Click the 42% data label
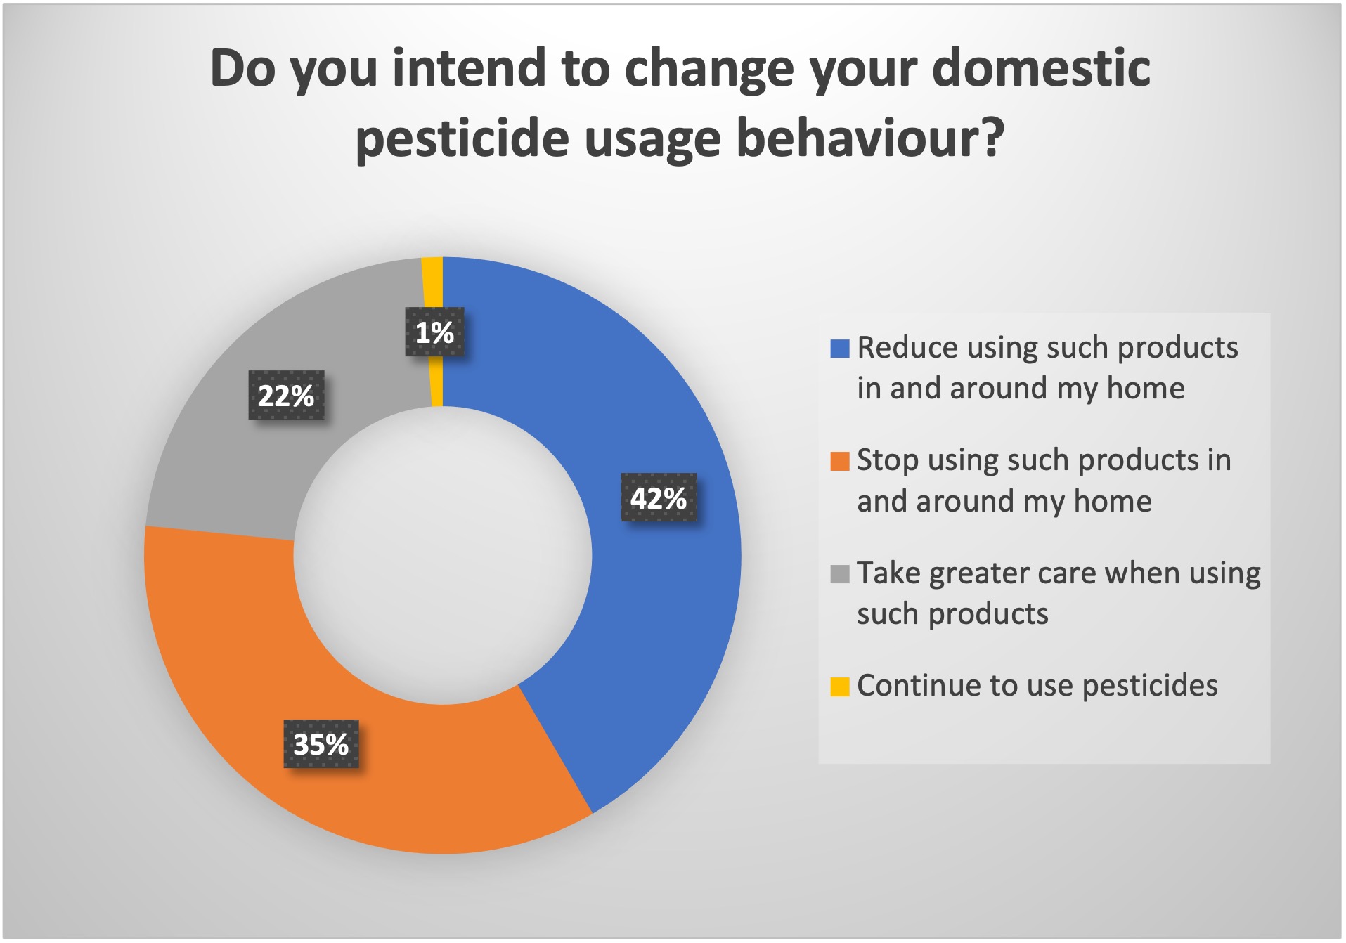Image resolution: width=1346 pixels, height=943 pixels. tap(659, 497)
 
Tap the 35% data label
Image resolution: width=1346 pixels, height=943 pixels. tap(321, 743)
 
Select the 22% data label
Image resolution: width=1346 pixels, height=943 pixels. tap(286, 395)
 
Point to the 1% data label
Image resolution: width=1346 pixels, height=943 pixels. tap(434, 332)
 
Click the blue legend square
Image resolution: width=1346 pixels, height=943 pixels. tap(840, 349)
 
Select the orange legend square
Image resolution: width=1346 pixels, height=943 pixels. tap(840, 462)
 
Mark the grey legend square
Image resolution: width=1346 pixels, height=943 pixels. tap(840, 574)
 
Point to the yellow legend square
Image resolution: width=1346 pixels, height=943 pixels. tap(840, 687)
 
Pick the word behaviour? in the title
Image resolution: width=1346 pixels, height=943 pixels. tap(870, 138)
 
